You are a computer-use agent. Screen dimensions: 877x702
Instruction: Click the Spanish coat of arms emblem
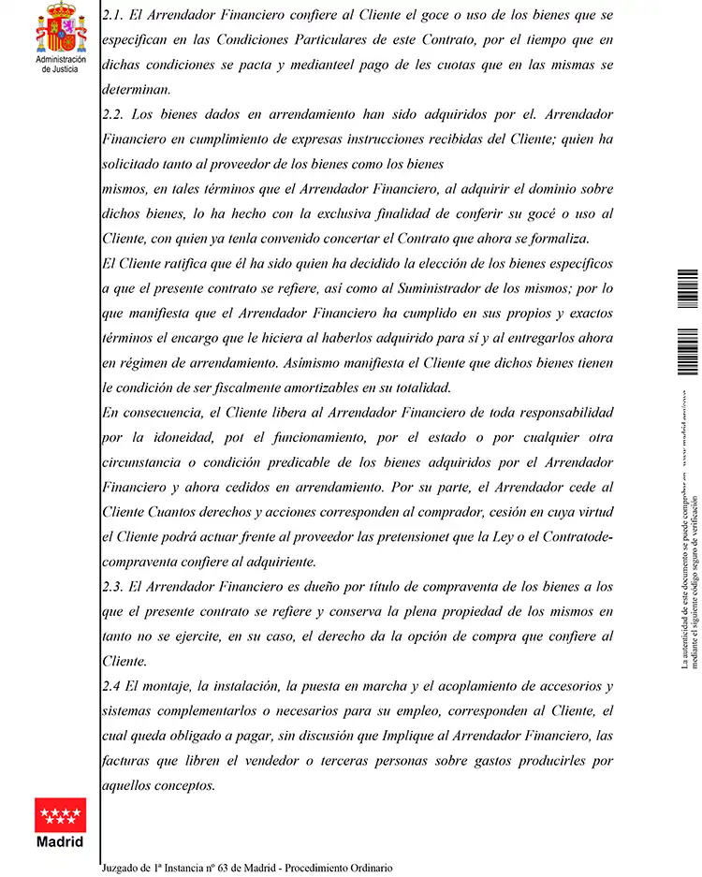tap(61, 28)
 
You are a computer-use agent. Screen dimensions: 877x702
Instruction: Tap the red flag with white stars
tap(60, 814)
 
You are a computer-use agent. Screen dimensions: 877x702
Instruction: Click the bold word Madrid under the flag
tap(60, 841)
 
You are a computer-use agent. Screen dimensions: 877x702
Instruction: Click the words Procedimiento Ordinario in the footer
tap(340, 868)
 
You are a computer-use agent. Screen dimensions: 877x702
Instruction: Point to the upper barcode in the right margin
tap(688, 286)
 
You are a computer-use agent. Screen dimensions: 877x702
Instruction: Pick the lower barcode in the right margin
tap(688, 350)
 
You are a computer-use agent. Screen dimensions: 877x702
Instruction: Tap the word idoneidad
tap(183, 437)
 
